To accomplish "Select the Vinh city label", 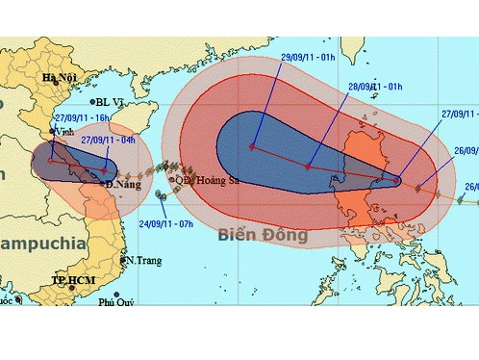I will point(65,130).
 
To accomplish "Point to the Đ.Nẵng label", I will point(123,183).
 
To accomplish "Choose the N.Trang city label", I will point(140,260).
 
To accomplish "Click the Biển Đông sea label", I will point(262,234).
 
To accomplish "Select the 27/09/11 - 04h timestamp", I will point(109,140).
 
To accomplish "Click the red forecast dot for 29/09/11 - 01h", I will point(252,147).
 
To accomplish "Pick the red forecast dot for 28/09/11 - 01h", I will point(308,167).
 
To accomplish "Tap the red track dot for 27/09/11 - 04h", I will point(103,170).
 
